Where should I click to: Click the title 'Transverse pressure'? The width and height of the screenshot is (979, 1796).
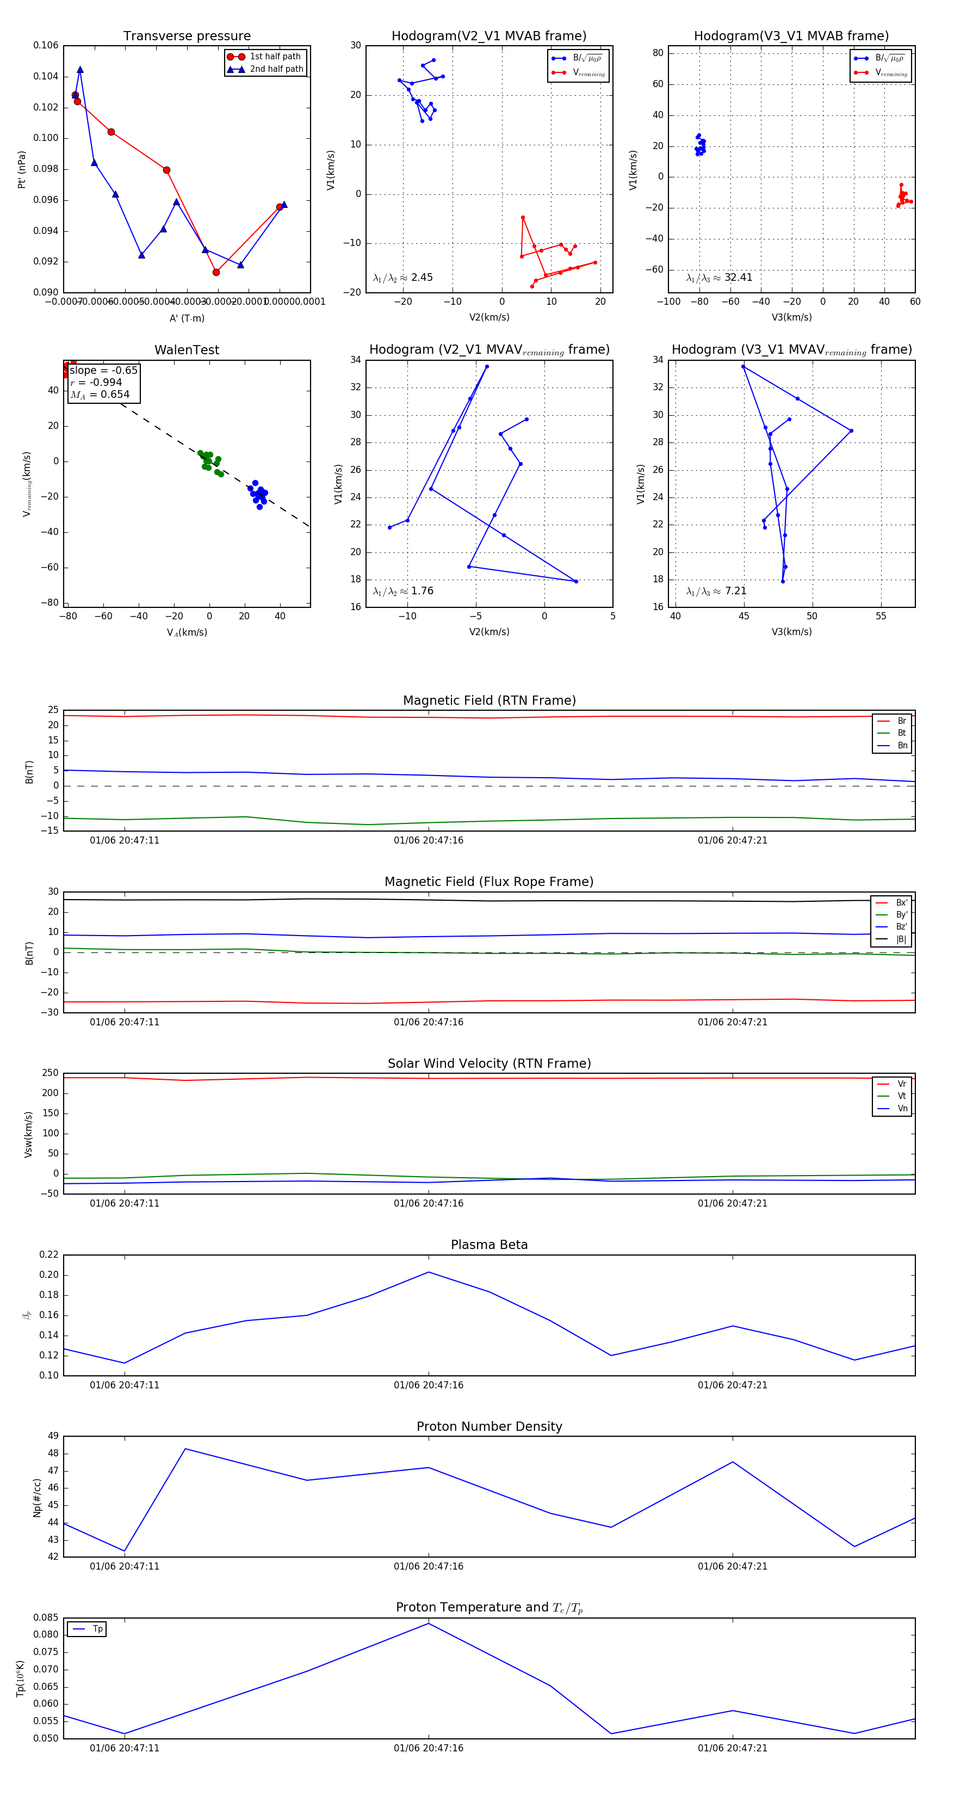[x=187, y=36]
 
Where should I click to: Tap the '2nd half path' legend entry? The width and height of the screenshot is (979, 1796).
[x=276, y=69]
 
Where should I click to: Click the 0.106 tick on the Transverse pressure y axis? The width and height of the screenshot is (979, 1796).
[x=46, y=45]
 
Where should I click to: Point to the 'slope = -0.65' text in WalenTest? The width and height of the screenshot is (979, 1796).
[x=103, y=370]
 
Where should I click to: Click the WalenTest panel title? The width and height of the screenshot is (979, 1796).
[x=187, y=350]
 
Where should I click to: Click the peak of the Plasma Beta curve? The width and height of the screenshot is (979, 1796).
[x=429, y=1272]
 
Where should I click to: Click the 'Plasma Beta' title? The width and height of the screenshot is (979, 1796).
[x=489, y=1245]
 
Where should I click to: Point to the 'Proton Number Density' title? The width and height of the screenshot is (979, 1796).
[x=489, y=1426]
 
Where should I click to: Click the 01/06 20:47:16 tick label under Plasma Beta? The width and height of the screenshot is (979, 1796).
[x=428, y=1385]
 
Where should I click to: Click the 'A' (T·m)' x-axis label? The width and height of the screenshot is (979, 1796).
[x=187, y=318]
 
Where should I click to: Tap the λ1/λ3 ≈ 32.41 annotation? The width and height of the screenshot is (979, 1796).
[x=719, y=278]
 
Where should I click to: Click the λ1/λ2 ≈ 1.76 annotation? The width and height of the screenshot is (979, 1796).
[x=402, y=591]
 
